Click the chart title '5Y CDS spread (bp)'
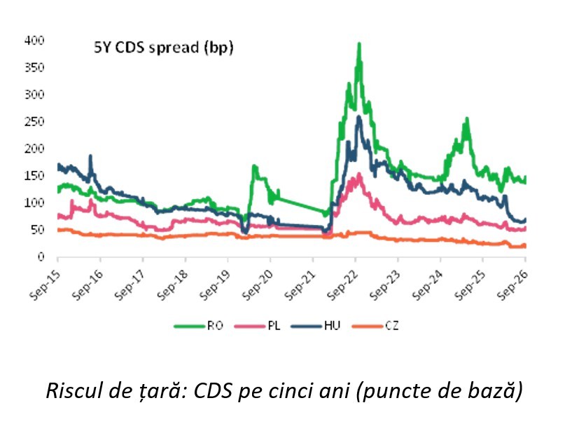(164, 48)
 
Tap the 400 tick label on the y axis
(34, 40)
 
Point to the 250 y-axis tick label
(34, 121)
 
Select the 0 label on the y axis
(41, 257)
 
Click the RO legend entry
(199, 326)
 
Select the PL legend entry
(257, 326)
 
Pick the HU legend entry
(316, 326)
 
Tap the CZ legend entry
(375, 326)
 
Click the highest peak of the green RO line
(359, 44)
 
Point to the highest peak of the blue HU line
(359, 116)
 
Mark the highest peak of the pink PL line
(359, 174)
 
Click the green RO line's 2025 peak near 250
(467, 118)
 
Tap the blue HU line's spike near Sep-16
(90, 156)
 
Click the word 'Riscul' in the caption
(67, 390)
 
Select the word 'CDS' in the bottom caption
(212, 390)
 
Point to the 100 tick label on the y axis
(34, 203)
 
